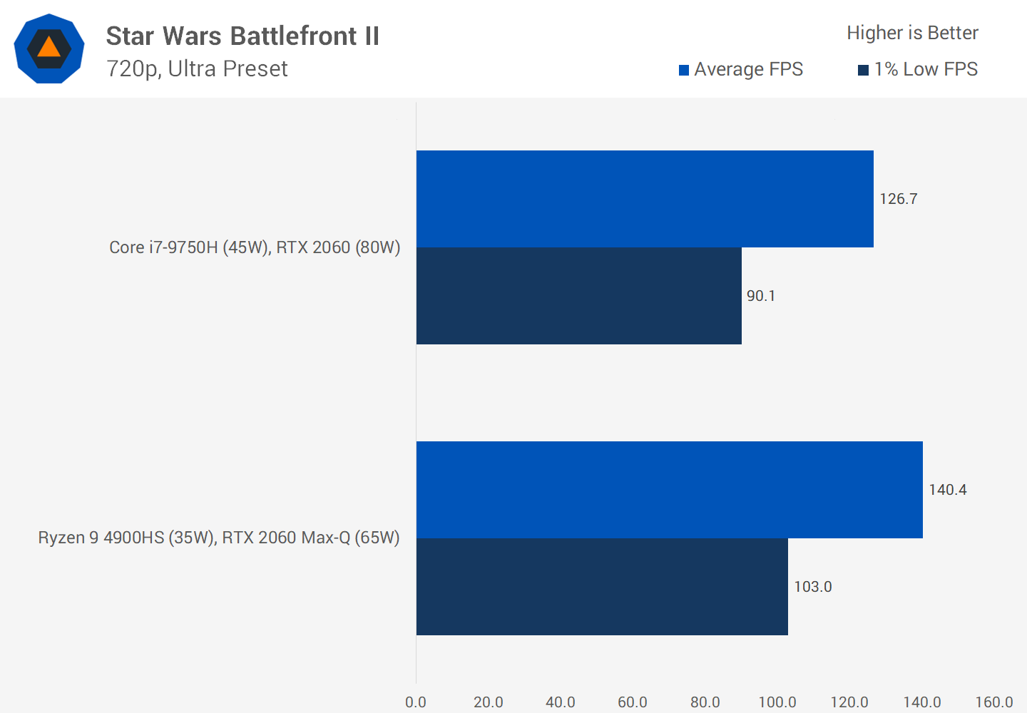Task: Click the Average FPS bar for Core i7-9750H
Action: point(645,199)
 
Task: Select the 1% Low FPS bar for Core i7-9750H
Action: point(578,296)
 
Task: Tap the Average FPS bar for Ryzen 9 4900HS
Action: point(669,490)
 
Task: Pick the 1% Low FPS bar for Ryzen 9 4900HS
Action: point(602,587)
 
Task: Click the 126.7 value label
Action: point(898,199)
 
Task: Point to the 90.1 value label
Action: point(760,296)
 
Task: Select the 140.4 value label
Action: point(947,490)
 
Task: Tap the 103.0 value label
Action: point(812,587)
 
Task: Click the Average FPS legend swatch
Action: point(684,70)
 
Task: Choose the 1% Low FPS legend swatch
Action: point(863,70)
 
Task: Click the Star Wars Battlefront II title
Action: point(242,36)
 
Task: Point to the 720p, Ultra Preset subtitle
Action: point(197,68)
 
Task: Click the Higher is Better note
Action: point(912,33)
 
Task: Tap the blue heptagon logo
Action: point(49,48)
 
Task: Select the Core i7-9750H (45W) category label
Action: point(255,247)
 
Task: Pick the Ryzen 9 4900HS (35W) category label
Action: point(219,538)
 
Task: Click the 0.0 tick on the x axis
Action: point(416,702)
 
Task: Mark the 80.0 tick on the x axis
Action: point(705,702)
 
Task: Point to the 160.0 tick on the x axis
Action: point(993,702)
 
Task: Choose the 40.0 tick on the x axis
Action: point(561,702)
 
